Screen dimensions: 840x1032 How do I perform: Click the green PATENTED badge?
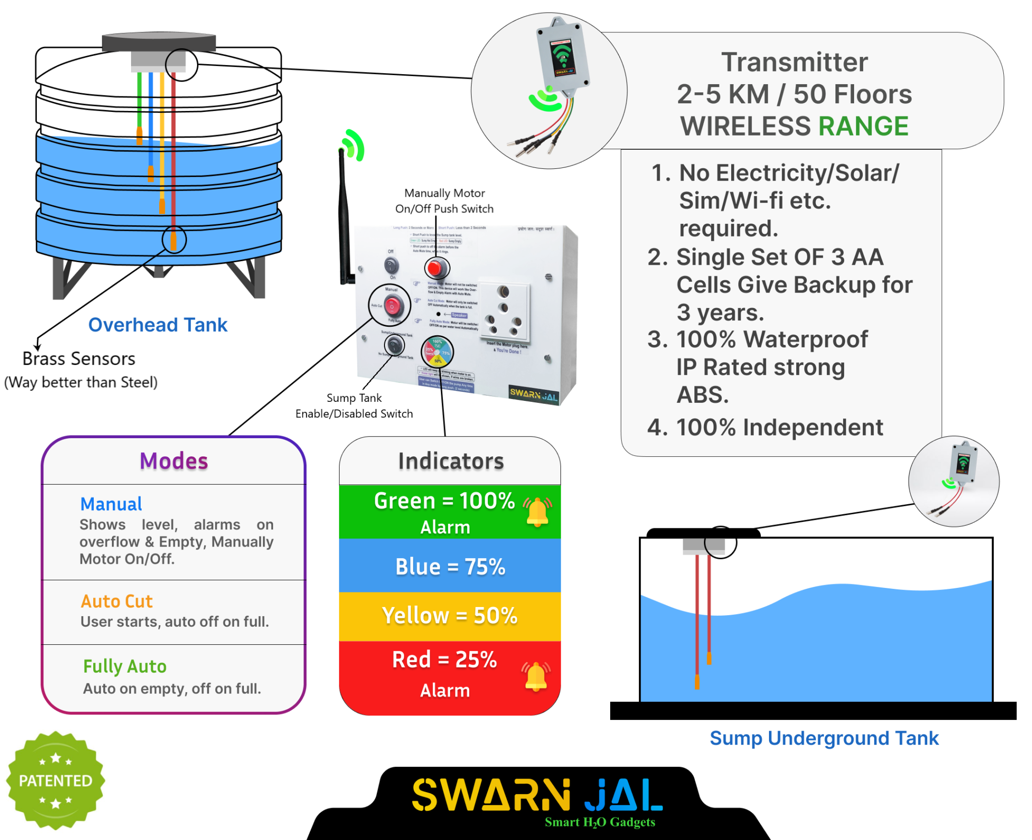point(55,780)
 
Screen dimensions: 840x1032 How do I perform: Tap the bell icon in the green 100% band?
point(537,512)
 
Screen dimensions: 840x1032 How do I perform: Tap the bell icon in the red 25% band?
point(536,676)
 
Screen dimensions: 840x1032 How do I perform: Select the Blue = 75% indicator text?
point(450,566)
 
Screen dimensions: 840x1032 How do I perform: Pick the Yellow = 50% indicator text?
point(449,615)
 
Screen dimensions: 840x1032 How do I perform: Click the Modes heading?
point(174,461)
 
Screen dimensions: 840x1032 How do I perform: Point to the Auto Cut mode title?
point(116,601)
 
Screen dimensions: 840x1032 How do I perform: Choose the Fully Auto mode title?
point(124,666)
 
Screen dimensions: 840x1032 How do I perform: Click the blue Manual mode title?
point(111,504)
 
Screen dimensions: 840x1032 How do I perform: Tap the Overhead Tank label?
point(158,325)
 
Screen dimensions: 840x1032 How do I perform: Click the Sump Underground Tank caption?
point(824,738)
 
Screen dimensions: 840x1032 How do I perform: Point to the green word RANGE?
point(863,126)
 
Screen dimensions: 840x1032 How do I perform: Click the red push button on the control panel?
point(436,268)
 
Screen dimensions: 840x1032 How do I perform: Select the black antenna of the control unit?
point(344,217)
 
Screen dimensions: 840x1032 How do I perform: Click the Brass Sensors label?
point(79,358)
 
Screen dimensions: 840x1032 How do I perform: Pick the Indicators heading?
point(450,461)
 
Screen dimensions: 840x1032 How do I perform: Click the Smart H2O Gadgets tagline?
point(600,822)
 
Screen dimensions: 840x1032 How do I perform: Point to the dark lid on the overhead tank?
point(159,42)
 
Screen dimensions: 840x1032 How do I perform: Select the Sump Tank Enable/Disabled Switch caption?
point(354,405)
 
